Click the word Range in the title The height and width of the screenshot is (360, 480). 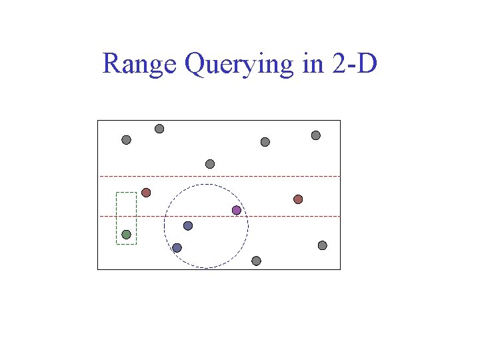tap(139, 65)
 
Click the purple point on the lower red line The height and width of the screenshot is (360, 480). tap(236, 211)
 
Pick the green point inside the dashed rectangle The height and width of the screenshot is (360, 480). tap(126, 235)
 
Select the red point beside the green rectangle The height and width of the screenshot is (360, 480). tap(146, 193)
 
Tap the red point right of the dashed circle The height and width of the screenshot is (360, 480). tap(298, 199)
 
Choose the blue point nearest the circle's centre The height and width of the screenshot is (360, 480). tap(188, 226)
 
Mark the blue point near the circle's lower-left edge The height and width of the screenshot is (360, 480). tap(177, 248)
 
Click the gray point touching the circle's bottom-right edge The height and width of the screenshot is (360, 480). tap(256, 261)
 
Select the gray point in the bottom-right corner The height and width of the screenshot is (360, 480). tap(322, 245)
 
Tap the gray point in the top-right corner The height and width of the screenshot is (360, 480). tap(316, 135)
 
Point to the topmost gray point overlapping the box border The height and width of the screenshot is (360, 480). tap(159, 129)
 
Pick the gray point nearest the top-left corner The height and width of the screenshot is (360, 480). tap(126, 140)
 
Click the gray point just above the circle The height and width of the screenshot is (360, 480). tap(210, 164)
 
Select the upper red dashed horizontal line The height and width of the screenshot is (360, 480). tap(280, 176)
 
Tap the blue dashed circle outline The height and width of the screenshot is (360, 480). tap(248, 226)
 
